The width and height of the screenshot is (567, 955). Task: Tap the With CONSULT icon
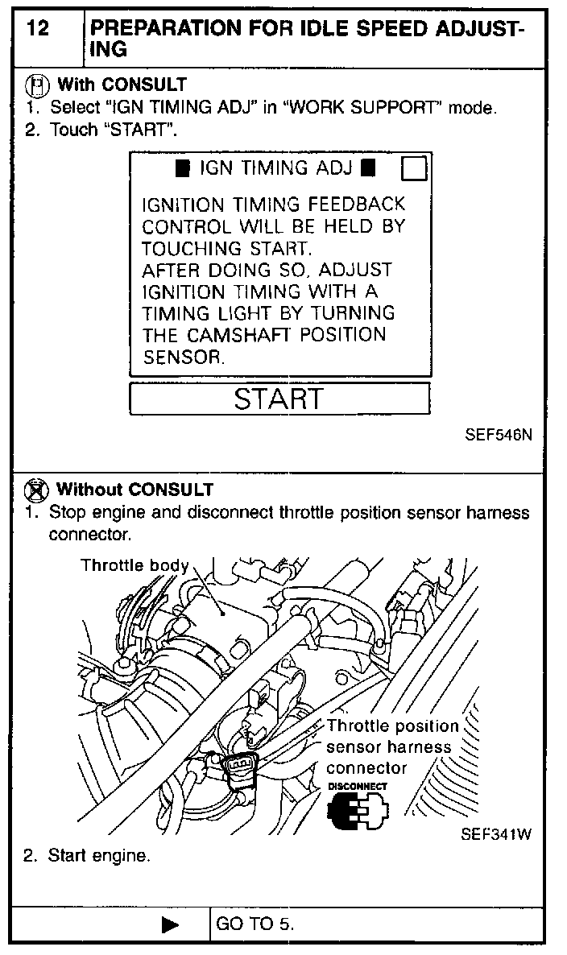[x=36, y=85]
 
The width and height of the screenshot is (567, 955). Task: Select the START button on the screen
[x=279, y=399]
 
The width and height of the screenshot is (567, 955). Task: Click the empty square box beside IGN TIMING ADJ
[x=413, y=169]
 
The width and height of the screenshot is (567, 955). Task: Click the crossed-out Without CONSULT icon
[x=36, y=489]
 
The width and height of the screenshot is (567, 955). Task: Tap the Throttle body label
[x=134, y=565]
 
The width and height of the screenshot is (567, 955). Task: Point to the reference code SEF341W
[x=496, y=834]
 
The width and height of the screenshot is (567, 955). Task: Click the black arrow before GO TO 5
[x=171, y=924]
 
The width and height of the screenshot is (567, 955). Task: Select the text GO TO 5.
[x=256, y=924]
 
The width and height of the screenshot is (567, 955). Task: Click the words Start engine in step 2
[x=99, y=856]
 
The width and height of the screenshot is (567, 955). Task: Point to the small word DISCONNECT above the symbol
[x=357, y=786]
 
